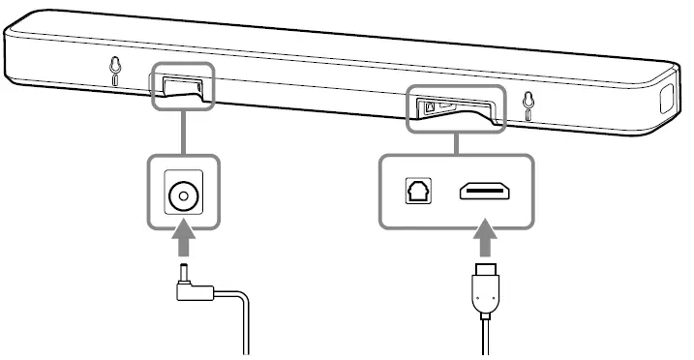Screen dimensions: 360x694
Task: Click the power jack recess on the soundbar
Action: [181, 85]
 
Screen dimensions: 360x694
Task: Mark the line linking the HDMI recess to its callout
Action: [455, 142]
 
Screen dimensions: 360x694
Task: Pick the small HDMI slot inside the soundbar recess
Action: [446, 105]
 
